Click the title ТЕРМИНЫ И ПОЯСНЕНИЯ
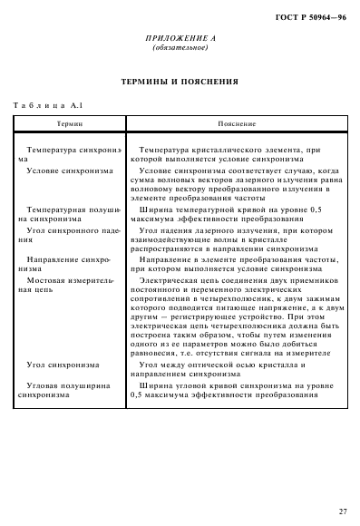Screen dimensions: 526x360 click(x=180, y=82)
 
